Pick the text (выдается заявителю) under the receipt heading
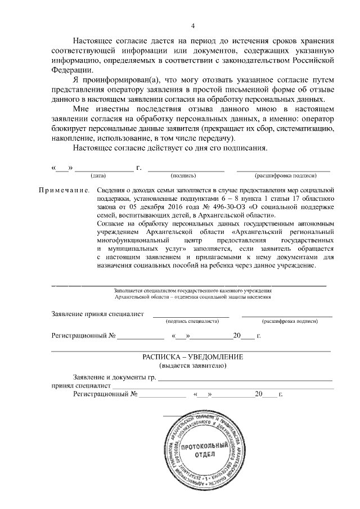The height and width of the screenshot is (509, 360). [192, 366]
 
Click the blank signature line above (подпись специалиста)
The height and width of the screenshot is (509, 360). [191, 316]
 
